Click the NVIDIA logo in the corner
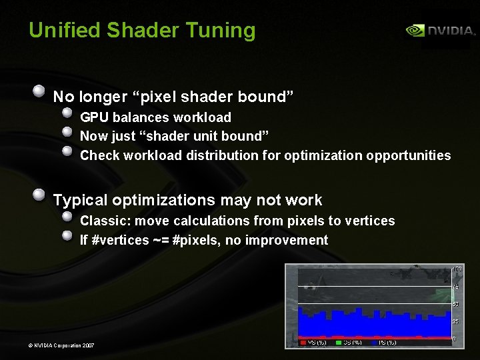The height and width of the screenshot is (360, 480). (x=441, y=31)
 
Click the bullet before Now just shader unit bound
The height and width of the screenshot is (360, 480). (x=67, y=133)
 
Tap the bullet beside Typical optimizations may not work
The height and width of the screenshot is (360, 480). (x=39, y=195)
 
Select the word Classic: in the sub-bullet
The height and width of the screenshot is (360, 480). (x=103, y=221)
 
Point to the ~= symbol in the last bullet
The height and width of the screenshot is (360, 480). (x=160, y=240)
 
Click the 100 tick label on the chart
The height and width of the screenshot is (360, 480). (x=457, y=269)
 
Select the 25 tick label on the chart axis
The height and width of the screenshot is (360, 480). (x=456, y=322)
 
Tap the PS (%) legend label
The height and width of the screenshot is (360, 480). (x=388, y=343)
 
